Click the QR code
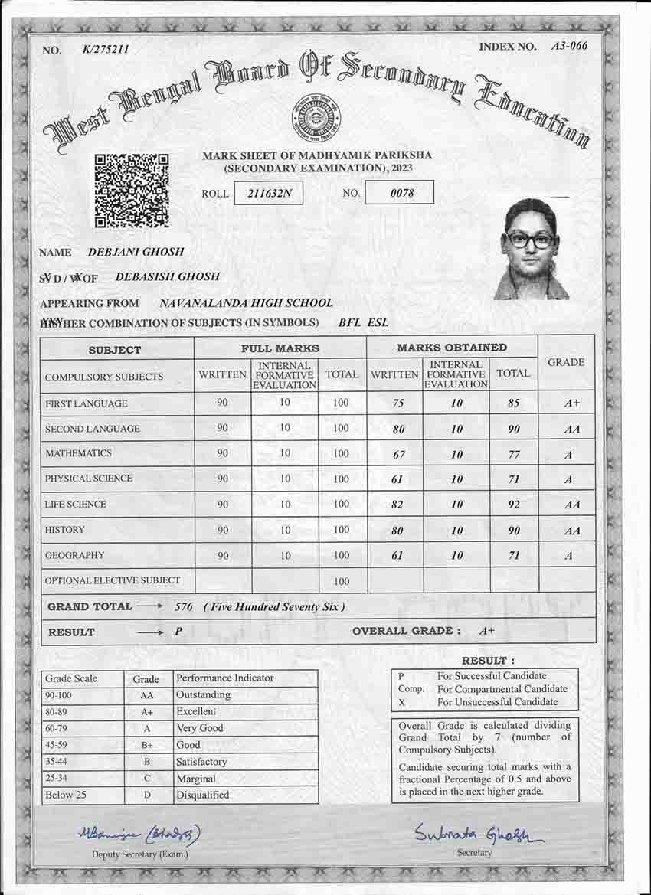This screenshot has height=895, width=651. click(131, 191)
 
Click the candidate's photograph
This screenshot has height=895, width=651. click(530, 249)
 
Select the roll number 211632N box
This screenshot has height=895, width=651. click(268, 193)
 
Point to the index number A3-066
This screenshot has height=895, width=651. click(569, 46)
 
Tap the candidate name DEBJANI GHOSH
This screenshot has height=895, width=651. click(136, 252)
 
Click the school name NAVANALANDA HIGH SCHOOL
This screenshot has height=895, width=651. click(246, 303)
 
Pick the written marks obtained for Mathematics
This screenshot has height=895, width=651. click(398, 455)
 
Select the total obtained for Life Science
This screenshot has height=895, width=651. click(514, 505)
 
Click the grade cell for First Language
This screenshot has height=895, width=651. click(567, 404)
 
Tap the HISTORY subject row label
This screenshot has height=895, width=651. click(65, 530)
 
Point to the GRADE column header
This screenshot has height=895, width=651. click(566, 362)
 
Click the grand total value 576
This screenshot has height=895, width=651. click(183, 607)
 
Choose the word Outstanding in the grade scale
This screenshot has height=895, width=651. click(203, 695)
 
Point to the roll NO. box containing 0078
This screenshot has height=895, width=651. click(400, 193)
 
